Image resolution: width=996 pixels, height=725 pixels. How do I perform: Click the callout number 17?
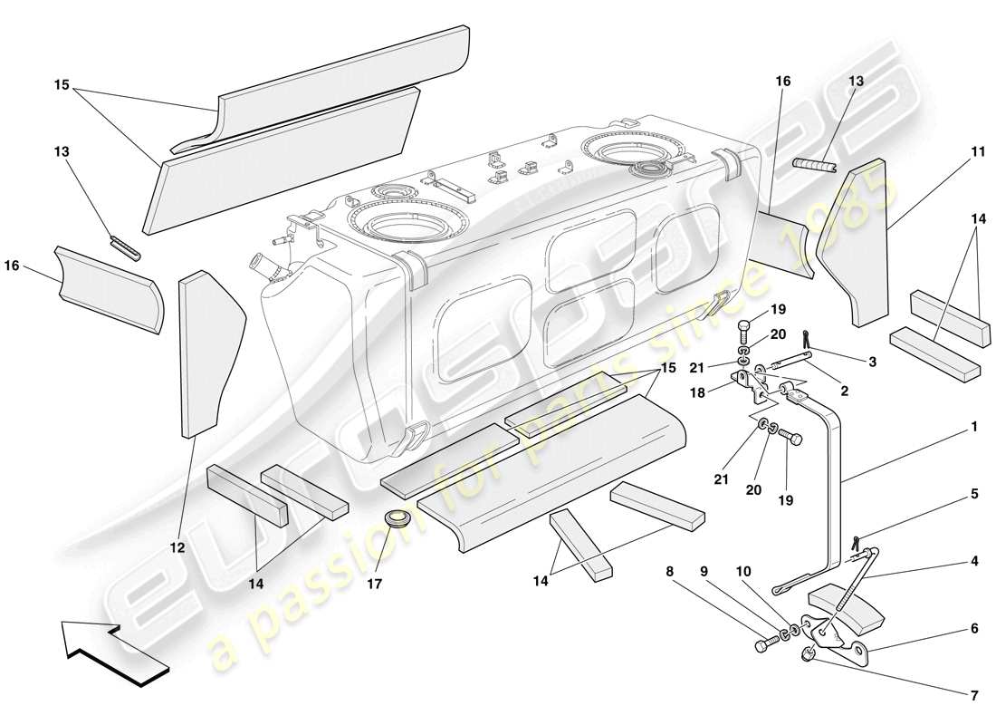(x=374, y=585)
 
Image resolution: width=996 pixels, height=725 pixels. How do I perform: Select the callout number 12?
(x=177, y=547)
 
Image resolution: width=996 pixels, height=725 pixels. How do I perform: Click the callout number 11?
(x=978, y=153)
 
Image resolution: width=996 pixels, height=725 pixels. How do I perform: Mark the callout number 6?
(x=974, y=628)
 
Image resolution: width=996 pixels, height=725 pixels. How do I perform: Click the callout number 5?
(x=974, y=495)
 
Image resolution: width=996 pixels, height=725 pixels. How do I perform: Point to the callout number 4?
(x=974, y=561)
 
